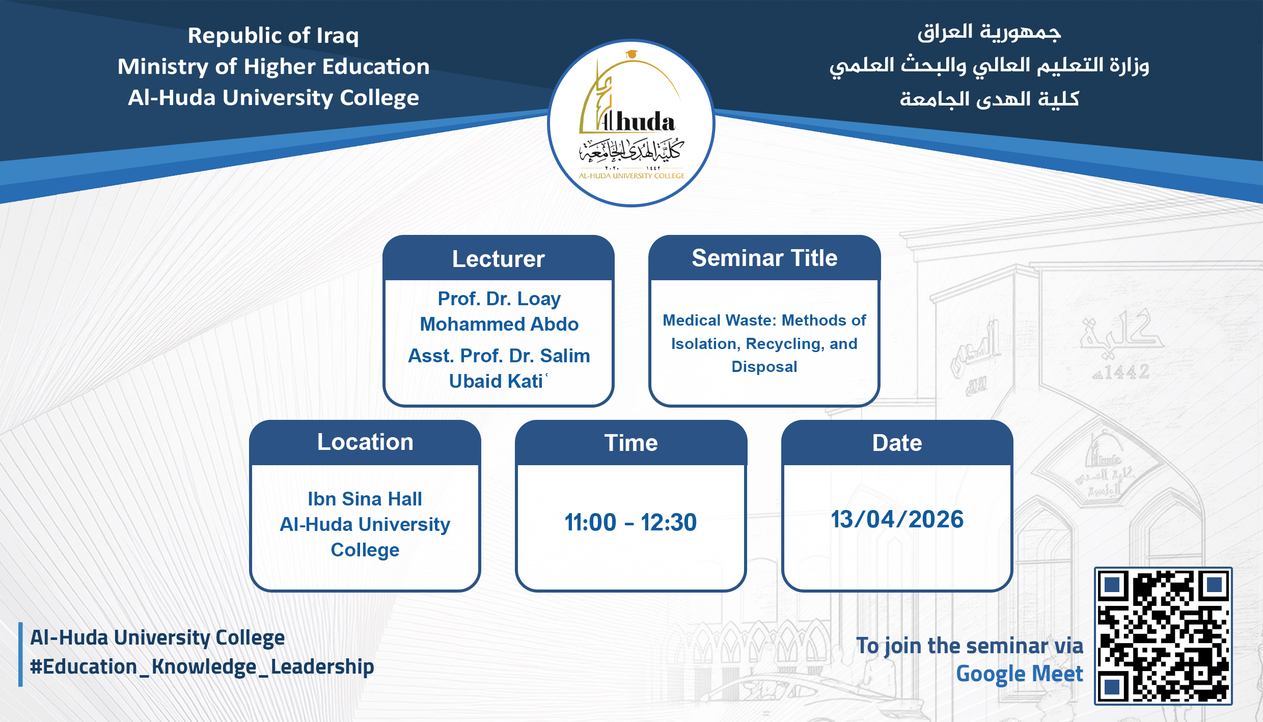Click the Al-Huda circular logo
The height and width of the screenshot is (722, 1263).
coord(631,123)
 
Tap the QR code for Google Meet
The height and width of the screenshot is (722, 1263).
coord(1163,636)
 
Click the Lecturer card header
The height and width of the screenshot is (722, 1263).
coord(498,259)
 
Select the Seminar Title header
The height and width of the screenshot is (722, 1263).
coord(764,258)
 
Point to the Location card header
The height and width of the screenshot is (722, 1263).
coord(365,442)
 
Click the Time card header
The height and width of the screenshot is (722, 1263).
coord(630,443)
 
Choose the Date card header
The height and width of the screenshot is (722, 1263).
coord(897,443)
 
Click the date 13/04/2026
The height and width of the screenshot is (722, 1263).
coord(897,519)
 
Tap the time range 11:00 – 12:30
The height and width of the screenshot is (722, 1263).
coord(630,522)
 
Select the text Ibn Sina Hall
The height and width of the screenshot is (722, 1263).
coord(365,499)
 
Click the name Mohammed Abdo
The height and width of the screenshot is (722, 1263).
coord(499,324)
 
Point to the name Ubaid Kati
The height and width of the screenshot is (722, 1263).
coord(497,381)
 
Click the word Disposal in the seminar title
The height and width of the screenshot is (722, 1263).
coord(764,367)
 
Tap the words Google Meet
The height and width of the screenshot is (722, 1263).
coord(1020,674)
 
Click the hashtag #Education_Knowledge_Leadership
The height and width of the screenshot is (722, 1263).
coord(202,666)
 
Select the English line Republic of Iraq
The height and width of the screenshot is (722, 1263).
coord(273,36)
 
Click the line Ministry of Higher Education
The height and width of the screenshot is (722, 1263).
coord(273,67)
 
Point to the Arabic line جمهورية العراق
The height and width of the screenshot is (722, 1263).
coord(989,32)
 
